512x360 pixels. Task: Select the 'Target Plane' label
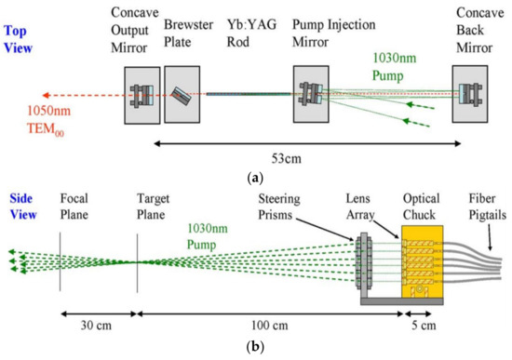tap(155, 206)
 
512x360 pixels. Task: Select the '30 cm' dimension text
tap(94, 328)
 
